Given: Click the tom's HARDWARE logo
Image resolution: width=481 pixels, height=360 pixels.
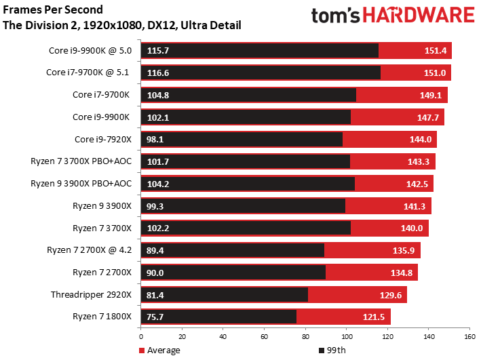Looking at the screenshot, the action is click(x=393, y=15).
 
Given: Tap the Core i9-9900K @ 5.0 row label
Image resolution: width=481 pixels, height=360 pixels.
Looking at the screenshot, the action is click(x=90, y=51).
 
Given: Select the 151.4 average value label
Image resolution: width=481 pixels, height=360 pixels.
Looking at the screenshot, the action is click(x=436, y=51).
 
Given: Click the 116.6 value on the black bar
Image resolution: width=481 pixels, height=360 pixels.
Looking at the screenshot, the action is click(x=158, y=73).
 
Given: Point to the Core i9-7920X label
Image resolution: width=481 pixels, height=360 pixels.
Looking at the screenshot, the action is click(x=102, y=140).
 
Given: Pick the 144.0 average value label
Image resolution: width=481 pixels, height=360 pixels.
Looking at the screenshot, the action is click(x=421, y=140).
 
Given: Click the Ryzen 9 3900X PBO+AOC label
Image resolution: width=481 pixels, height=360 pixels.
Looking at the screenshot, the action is click(x=81, y=184).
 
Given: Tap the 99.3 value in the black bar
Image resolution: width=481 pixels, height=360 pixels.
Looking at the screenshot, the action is click(x=155, y=206).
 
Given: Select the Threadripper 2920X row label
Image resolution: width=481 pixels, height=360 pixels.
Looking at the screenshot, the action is click(x=91, y=295).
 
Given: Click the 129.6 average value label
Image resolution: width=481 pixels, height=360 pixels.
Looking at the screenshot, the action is click(x=391, y=296).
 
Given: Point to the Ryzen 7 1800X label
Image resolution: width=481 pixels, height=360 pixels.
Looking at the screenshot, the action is click(x=102, y=317).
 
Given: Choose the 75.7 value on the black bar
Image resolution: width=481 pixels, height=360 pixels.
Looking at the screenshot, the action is click(x=155, y=317).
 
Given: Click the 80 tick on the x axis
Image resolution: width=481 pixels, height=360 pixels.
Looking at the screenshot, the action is click(x=305, y=337).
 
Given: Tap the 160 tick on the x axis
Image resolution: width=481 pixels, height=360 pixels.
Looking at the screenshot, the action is click(x=469, y=337).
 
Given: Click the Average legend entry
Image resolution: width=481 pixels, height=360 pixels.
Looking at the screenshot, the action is click(x=159, y=351).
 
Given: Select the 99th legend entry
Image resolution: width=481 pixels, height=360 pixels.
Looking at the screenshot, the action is click(x=332, y=351).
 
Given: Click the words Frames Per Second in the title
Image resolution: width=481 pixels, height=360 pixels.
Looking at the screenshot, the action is click(x=53, y=9).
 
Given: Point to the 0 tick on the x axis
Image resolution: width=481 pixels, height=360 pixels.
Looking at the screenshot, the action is click(x=141, y=337).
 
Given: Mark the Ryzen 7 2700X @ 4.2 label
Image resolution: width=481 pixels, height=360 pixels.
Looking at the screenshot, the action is click(x=90, y=250).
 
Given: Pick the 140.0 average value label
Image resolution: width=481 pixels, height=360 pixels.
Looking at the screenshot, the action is click(x=412, y=228).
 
